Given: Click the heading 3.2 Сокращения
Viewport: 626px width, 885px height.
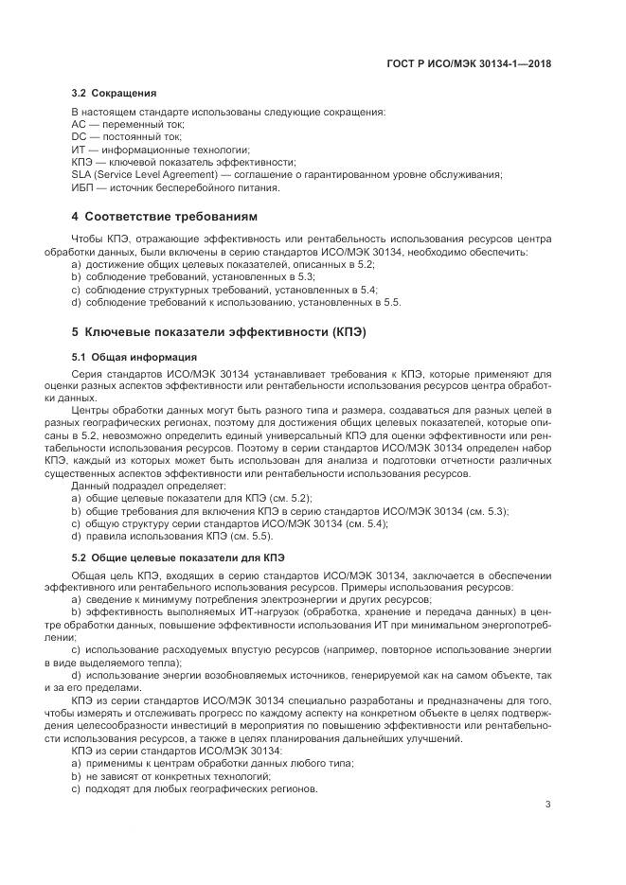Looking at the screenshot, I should tap(115, 94).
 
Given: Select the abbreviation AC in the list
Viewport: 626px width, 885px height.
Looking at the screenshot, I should tap(79, 125).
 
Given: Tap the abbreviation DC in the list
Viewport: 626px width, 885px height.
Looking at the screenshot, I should tap(79, 137).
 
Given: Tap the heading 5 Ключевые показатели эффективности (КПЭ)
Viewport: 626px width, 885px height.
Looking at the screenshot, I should tap(219, 332).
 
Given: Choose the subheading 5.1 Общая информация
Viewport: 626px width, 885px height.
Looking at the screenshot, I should tap(134, 358).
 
